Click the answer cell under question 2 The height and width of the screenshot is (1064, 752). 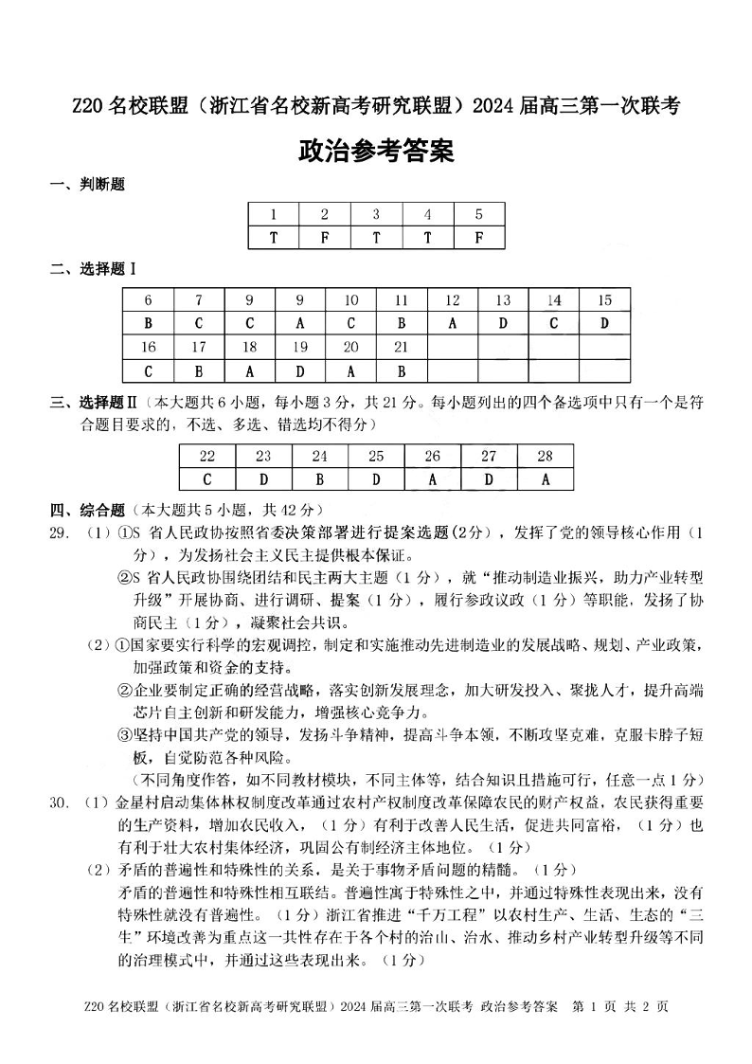(x=325, y=238)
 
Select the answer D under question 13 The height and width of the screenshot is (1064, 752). (x=503, y=323)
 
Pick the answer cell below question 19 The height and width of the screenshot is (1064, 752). (x=300, y=370)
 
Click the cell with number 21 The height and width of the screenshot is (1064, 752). (x=402, y=347)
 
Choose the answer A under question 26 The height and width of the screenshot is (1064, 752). (x=432, y=479)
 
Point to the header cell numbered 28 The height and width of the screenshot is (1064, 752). (x=545, y=456)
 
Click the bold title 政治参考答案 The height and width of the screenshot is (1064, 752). (x=376, y=151)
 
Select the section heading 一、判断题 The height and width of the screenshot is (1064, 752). (x=87, y=185)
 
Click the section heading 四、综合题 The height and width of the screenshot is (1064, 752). (x=87, y=508)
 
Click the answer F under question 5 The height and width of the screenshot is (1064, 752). (x=478, y=238)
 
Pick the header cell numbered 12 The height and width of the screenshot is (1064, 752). (x=452, y=300)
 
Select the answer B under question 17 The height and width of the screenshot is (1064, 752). (x=199, y=370)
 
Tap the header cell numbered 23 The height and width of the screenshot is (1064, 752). (x=263, y=456)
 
